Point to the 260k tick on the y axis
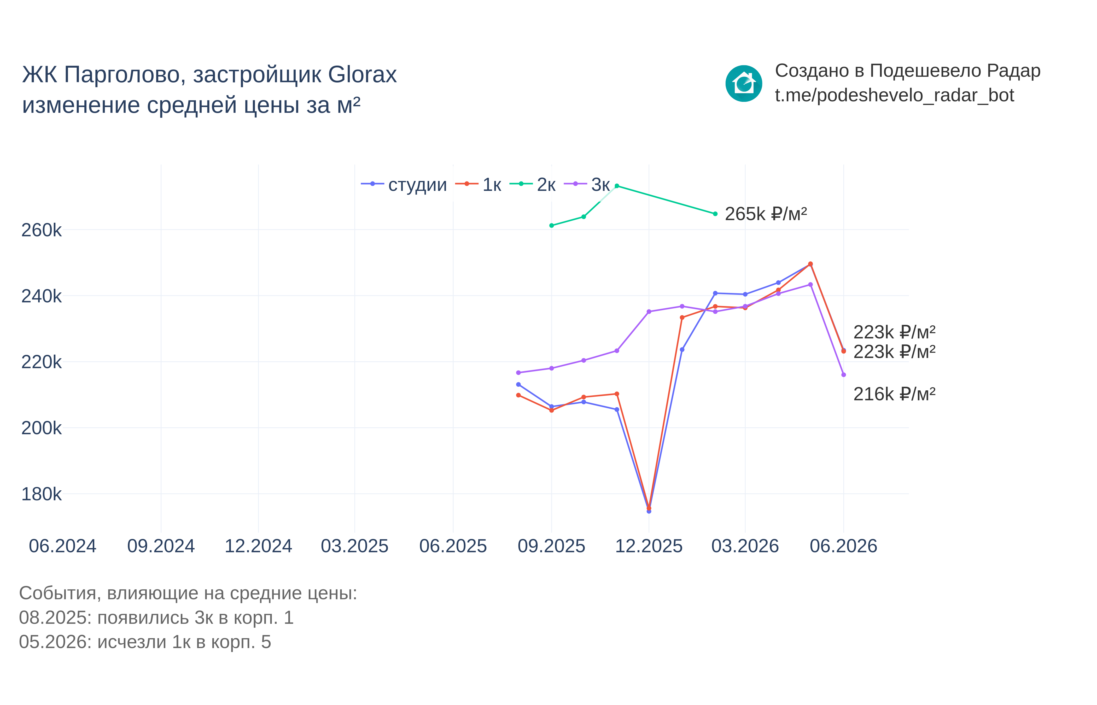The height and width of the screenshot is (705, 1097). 41,230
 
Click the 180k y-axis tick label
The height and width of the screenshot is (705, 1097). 41,494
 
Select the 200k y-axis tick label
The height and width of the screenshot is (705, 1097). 41,428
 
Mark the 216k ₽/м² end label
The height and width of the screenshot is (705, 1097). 894,394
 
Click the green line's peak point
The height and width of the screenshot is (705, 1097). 617,186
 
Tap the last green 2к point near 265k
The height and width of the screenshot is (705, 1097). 715,214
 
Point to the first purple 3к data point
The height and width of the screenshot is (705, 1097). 518,373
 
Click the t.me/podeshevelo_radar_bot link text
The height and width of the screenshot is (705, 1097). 894,95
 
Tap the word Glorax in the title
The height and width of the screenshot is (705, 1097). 363,74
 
